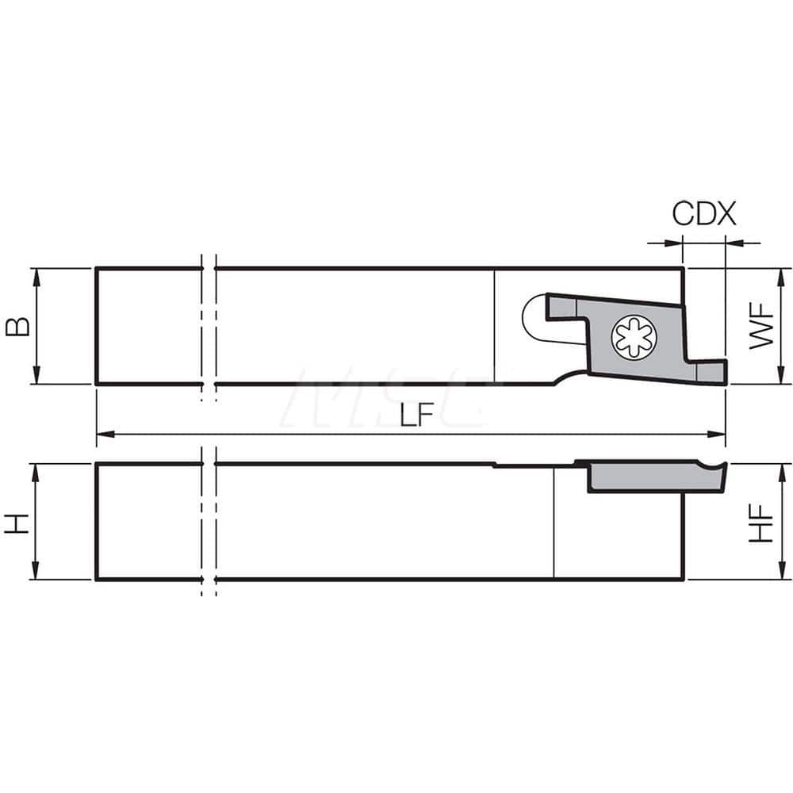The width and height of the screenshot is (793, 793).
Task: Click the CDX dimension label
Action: coord(704,214)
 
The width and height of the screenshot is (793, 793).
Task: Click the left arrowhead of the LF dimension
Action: coord(102,434)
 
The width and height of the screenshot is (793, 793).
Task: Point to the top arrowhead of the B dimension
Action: coord(36,274)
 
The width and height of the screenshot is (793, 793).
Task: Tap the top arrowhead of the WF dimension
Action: coord(781,274)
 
